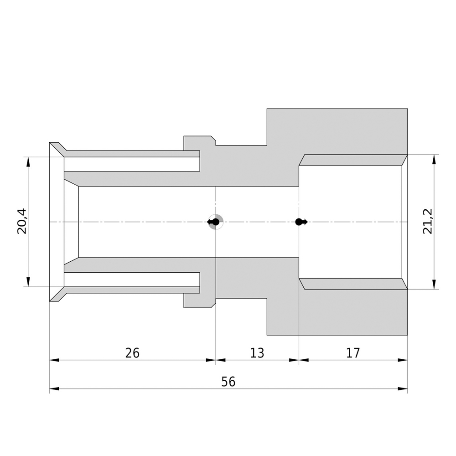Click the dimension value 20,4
(22, 221)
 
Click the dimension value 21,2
(428, 221)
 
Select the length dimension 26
(132, 353)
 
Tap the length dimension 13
(257, 353)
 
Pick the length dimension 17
(353, 353)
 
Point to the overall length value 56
(228, 382)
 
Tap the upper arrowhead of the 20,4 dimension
(28, 162)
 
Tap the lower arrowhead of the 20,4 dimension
(28, 282)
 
